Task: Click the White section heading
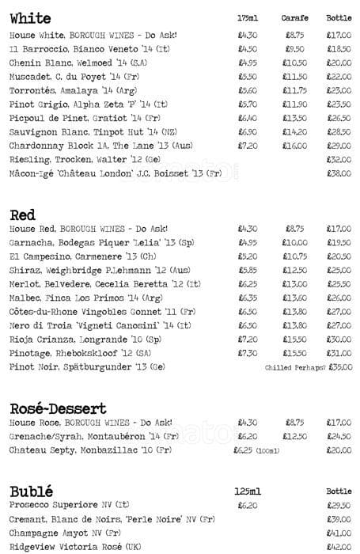(30, 18)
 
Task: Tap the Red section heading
(24, 214)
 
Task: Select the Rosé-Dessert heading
(58, 408)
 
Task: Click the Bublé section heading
(31, 490)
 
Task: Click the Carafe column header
(294, 17)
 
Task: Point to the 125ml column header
(247, 491)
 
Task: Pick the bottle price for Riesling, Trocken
(339, 158)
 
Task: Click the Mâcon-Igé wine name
(116, 173)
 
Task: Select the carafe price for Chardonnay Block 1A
(294, 146)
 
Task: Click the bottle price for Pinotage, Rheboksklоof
(339, 353)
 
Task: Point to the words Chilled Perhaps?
(295, 368)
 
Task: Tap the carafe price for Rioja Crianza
(294, 339)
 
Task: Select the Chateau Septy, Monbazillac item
(90, 450)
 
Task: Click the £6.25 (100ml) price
(256, 450)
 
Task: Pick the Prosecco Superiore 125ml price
(247, 504)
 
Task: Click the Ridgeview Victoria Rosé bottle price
(339, 545)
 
